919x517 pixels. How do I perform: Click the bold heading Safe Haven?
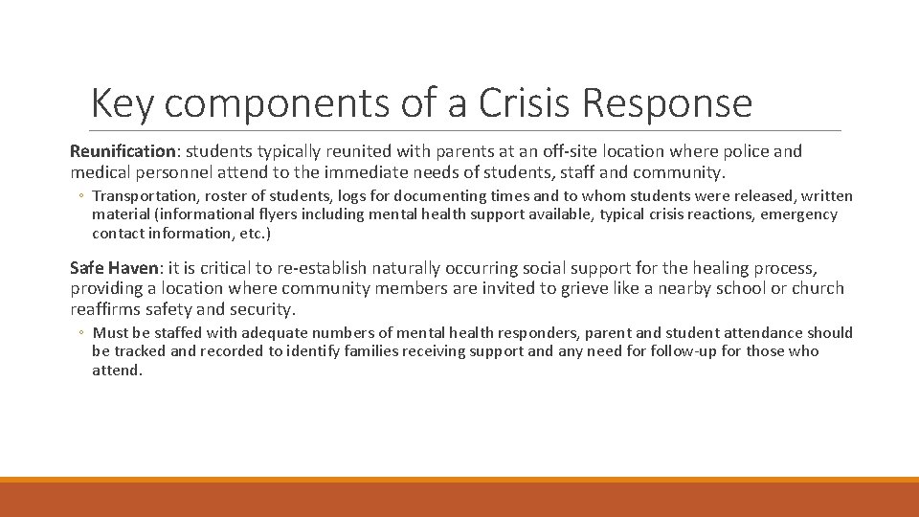[113, 269]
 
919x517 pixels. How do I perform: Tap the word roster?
[222, 196]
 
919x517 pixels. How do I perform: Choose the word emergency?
[798, 214]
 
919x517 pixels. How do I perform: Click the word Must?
[109, 333]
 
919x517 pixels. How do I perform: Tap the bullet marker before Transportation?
[82, 197]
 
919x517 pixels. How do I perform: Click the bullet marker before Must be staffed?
[82, 334]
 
